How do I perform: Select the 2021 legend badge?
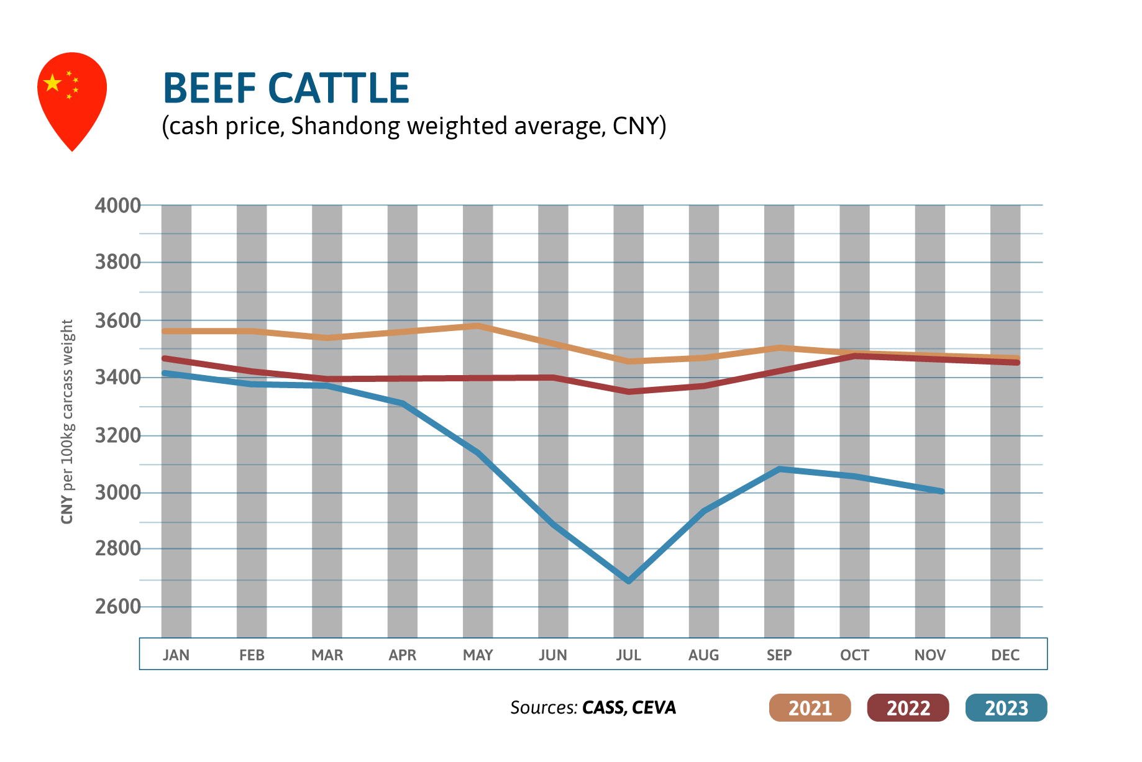tap(810, 707)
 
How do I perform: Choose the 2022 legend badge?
tap(908, 707)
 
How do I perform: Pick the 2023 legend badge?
tap(1006, 707)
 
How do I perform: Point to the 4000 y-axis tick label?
tap(117, 206)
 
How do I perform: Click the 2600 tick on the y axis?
tap(117, 606)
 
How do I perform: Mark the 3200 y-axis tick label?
tap(117, 435)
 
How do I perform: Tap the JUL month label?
tap(628, 655)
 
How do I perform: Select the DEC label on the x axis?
tap(1005, 655)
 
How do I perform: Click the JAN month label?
tap(176, 655)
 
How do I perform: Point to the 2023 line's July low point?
tap(628, 581)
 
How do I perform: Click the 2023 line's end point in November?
tap(941, 491)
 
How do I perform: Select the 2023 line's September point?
tap(779, 469)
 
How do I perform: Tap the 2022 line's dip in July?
tap(628, 392)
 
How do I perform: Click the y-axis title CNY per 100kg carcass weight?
tap(67, 422)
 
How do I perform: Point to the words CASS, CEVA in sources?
tap(629, 708)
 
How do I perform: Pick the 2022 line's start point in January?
tap(164, 358)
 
